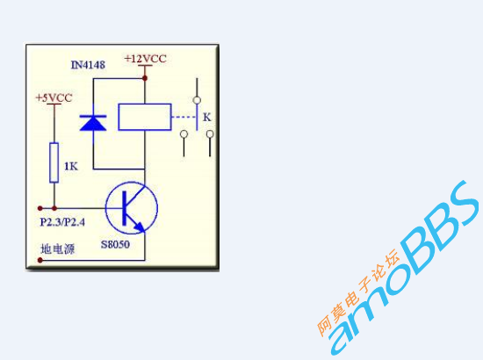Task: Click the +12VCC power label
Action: pyautogui.click(x=146, y=59)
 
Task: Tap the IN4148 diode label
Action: pyautogui.click(x=88, y=65)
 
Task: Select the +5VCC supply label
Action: pyautogui.click(x=54, y=98)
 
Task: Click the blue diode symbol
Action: pyautogui.click(x=93, y=123)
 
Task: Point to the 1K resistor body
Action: pyautogui.click(x=54, y=162)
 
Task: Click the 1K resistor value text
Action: pyautogui.click(x=71, y=166)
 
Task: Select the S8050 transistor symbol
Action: pyautogui.click(x=132, y=208)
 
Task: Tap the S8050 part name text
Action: pyautogui.click(x=116, y=244)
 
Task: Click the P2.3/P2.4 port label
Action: pyautogui.click(x=62, y=222)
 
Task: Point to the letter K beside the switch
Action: pyautogui.click(x=207, y=117)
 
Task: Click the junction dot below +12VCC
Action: pyautogui.click(x=145, y=78)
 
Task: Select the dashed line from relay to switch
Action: pyautogui.click(x=184, y=117)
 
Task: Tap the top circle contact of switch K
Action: pyautogui.click(x=197, y=100)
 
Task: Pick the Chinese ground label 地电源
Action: pyautogui.click(x=58, y=248)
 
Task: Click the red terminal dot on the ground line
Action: pyautogui.click(x=40, y=260)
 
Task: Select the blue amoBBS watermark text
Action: pyautogui.click(x=404, y=268)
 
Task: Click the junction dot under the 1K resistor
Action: pyautogui.click(x=54, y=208)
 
